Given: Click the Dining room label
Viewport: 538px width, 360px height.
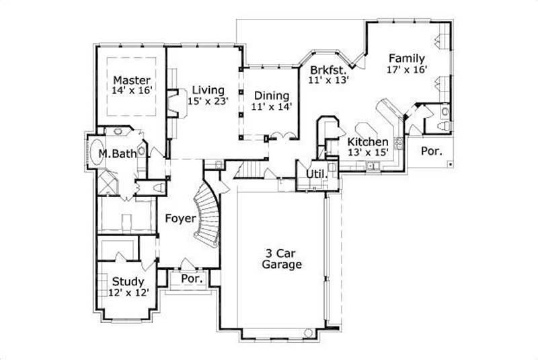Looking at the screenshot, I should [x=272, y=96].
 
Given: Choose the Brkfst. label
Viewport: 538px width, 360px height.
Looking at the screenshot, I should [x=328, y=69].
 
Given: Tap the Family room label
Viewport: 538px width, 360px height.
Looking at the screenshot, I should [x=406, y=58].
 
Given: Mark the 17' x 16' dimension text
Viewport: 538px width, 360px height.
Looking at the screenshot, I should [x=407, y=69].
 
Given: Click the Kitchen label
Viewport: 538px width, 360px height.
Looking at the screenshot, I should [x=367, y=142].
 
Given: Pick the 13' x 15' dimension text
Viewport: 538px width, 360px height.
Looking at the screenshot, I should [x=367, y=153].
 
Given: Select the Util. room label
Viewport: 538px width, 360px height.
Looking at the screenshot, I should [x=315, y=174].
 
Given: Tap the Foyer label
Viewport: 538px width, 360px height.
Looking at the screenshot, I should [x=180, y=219].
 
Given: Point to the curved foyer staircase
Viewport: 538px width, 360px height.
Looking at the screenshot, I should [x=208, y=215].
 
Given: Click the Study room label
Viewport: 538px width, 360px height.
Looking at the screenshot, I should [x=128, y=281].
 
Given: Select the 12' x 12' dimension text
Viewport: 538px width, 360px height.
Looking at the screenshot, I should [x=128, y=293].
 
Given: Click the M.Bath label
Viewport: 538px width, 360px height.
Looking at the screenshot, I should [x=118, y=155].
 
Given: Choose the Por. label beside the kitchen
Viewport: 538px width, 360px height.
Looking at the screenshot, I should [x=431, y=151].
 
